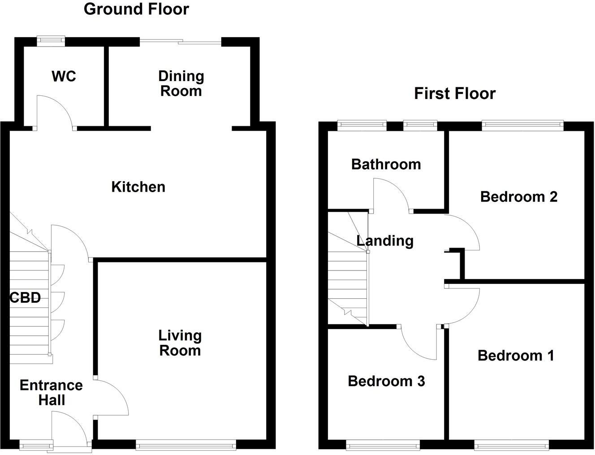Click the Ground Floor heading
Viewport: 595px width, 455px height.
pyautogui.click(x=136, y=9)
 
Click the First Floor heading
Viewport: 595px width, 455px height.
pyautogui.click(x=454, y=94)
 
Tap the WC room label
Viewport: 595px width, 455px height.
pyautogui.click(x=64, y=77)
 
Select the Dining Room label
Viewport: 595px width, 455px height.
pyautogui.click(x=181, y=83)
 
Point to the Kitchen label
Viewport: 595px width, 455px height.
pyautogui.click(x=138, y=187)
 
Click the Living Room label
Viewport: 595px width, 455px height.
pyautogui.click(x=180, y=343)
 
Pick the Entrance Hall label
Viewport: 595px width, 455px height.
pyautogui.click(x=51, y=392)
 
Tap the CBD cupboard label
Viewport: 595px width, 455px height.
pyautogui.click(x=26, y=297)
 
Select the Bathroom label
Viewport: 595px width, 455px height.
pyautogui.click(x=386, y=164)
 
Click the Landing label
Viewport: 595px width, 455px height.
pyautogui.click(x=385, y=241)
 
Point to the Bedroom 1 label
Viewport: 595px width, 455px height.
pyautogui.click(x=516, y=356)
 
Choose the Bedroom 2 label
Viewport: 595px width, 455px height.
pyautogui.click(x=518, y=197)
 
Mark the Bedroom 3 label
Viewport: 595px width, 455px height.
pyautogui.click(x=386, y=381)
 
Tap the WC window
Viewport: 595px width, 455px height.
pyautogui.click(x=51, y=41)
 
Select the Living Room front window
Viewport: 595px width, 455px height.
pyautogui.click(x=186, y=445)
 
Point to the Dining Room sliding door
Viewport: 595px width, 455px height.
pyautogui.click(x=181, y=42)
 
